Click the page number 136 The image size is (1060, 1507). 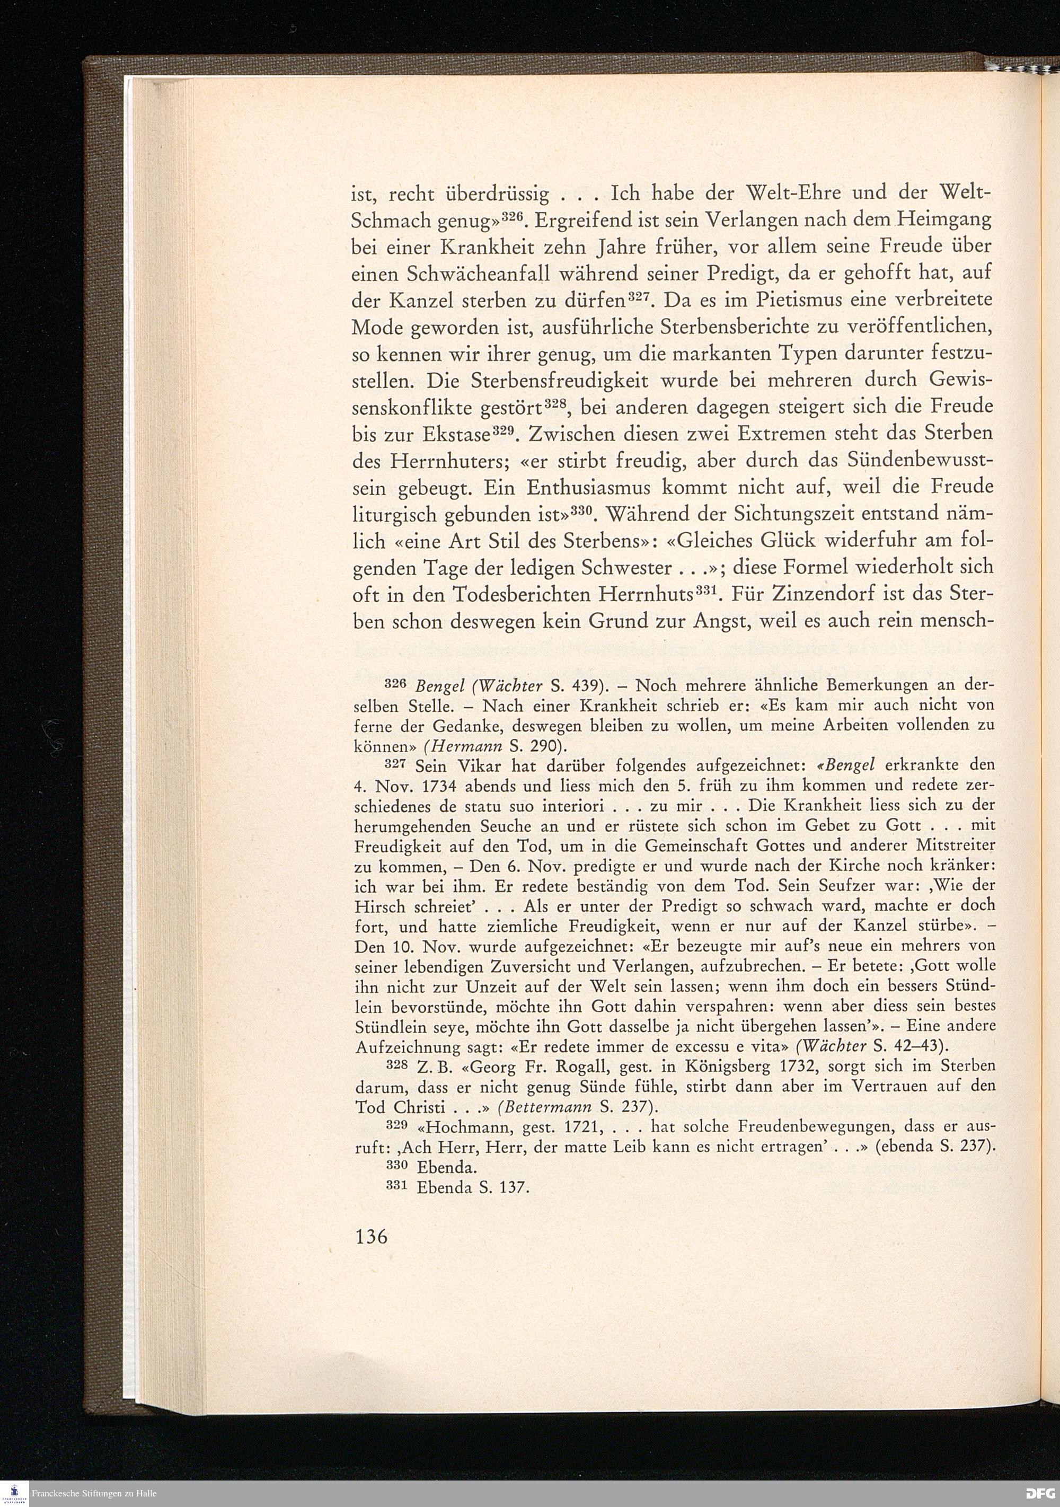pos(372,1237)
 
